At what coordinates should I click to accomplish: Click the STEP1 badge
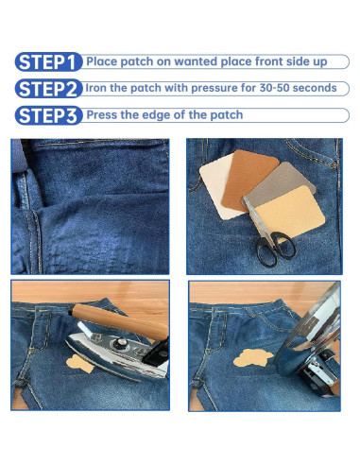pyautogui.click(x=48, y=61)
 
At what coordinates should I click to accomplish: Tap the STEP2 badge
pyautogui.click(x=48, y=89)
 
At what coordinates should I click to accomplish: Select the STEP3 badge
pyautogui.click(x=48, y=115)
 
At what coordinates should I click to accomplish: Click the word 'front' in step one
pyautogui.click(x=269, y=61)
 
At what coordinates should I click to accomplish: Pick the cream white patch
pyautogui.click(x=216, y=189)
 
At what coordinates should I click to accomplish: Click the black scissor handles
pyautogui.click(x=275, y=249)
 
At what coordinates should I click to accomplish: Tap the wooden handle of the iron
pyautogui.click(x=120, y=321)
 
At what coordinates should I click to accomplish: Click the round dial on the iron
pyautogui.click(x=120, y=342)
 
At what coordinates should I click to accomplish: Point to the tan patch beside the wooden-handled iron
pyautogui.click(x=79, y=364)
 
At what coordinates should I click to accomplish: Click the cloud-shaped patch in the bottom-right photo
pyautogui.click(x=253, y=358)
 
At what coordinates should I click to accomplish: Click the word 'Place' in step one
pyautogui.click(x=102, y=61)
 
